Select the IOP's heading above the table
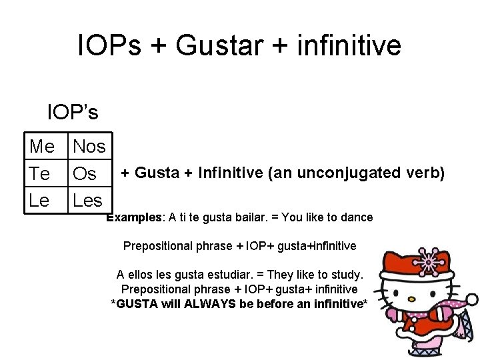pos(72,112)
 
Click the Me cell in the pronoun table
pos(42,146)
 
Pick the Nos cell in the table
pos(89,146)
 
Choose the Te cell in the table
pos(40,174)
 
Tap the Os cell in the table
pos(85,174)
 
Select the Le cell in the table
pos(39,200)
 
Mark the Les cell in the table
pos(87,200)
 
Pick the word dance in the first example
pos(359,217)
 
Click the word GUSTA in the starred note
pos(135,304)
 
